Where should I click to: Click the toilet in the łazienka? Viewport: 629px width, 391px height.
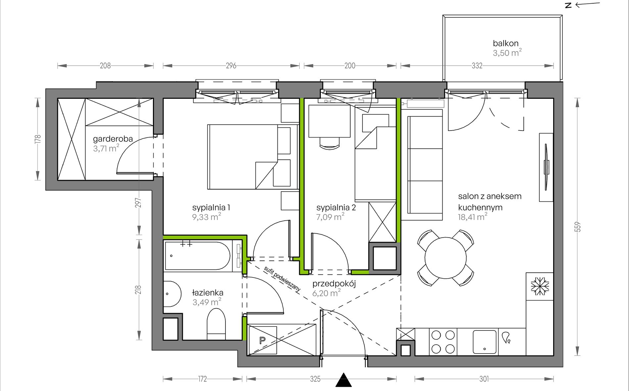coord(216,324)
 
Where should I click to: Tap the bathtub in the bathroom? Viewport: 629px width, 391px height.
coord(197,256)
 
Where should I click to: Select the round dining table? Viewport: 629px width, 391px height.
coord(446,258)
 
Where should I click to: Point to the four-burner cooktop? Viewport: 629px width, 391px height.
coord(443,342)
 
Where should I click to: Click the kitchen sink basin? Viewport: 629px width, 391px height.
coord(485,342)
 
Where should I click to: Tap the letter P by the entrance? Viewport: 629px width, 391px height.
coord(263,340)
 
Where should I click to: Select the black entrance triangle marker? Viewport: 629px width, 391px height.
coord(344,380)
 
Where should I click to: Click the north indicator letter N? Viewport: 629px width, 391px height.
coord(568,5)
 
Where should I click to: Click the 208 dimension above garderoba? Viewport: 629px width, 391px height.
coord(105,66)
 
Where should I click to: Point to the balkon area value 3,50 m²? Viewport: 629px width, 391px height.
coord(507,53)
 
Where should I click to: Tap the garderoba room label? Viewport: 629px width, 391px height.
coord(113,139)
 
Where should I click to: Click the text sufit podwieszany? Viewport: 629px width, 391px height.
coord(282,279)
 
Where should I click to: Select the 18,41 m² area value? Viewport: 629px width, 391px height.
coord(472,217)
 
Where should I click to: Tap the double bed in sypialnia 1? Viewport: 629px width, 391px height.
coord(253,157)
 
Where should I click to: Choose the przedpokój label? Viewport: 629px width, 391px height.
coord(334,284)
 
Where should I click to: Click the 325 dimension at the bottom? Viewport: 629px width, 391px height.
coord(315,379)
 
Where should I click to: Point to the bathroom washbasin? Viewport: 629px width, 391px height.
coord(172,294)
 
